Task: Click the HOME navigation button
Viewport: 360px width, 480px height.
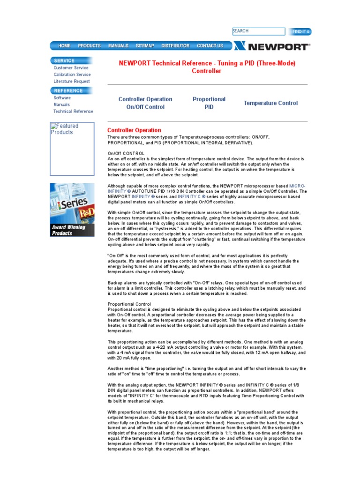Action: pyautogui.click(x=64, y=46)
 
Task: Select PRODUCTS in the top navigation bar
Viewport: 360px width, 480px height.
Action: pyautogui.click(x=89, y=46)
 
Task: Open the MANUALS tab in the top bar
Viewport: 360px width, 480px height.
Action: pyautogui.click(x=118, y=46)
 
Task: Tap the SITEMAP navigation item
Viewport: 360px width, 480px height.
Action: pyautogui.click(x=145, y=46)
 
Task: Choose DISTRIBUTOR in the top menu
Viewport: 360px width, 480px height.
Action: pyautogui.click(x=175, y=46)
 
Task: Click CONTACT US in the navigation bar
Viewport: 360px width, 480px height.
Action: pyautogui.click(x=210, y=46)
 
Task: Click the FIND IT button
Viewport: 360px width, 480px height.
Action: pyautogui.click(x=300, y=32)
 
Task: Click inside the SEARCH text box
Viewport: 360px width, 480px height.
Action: pyautogui.click(x=258, y=31)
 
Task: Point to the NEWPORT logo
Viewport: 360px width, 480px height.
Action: pyautogui.click(x=272, y=46)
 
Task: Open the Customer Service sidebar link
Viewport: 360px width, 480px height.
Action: pyautogui.click(x=71, y=68)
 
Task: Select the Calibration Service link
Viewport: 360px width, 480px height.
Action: pyautogui.click(x=72, y=75)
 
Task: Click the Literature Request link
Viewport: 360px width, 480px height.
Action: pyautogui.click(x=72, y=82)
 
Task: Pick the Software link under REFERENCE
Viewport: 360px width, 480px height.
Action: pyautogui.click(x=62, y=98)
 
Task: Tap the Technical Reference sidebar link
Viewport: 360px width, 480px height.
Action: pyautogui.click(x=73, y=112)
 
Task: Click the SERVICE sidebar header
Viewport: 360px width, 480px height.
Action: pyautogui.click(x=64, y=60)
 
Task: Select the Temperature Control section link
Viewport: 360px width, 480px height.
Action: pyautogui.click(x=270, y=103)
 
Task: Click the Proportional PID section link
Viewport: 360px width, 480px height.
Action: pyautogui.click(x=209, y=103)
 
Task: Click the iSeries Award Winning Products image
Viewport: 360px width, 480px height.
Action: pyautogui.click(x=72, y=210)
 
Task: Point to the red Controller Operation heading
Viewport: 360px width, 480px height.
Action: pyautogui.click(x=134, y=130)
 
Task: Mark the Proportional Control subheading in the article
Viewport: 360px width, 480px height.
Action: pyautogui.click(x=129, y=304)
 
